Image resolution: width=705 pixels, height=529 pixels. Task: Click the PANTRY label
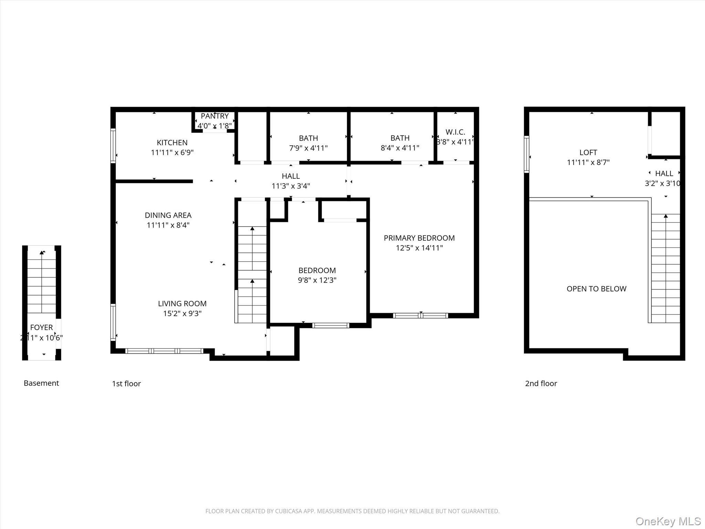coord(215,116)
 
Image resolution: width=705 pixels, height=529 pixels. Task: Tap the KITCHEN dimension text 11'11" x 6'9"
coord(172,152)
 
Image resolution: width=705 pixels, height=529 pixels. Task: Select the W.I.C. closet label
coord(455,132)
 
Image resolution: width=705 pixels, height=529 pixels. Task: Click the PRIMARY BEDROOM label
coord(419,238)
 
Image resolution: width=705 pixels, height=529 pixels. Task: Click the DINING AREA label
coord(168,215)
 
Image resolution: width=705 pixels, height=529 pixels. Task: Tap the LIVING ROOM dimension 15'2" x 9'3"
coord(182,313)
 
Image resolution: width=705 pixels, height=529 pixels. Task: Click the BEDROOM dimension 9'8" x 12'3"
coord(317,280)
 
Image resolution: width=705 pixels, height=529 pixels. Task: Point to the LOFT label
coord(588,152)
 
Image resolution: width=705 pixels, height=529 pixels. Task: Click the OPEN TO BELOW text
coord(596,289)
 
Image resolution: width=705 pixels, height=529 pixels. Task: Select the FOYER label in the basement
coord(41,328)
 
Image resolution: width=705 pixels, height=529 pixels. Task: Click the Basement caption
coord(41,383)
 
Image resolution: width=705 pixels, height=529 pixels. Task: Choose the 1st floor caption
coord(126,383)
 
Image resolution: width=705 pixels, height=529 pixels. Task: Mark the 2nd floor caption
coord(541,383)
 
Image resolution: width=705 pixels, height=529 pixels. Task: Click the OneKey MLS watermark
coord(668,521)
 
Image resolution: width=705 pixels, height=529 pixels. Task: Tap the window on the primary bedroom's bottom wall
coord(420,315)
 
